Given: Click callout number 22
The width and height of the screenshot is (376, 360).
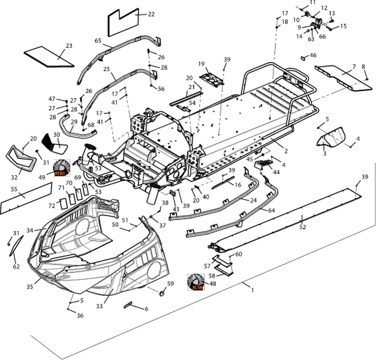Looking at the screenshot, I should click(151, 14).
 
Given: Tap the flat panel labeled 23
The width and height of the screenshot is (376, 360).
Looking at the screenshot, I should click(48, 55).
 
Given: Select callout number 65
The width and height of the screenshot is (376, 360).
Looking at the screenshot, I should click(98, 41).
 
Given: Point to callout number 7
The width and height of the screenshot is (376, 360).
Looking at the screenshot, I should click(354, 66).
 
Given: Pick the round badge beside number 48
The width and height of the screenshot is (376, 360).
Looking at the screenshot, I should click(196, 282).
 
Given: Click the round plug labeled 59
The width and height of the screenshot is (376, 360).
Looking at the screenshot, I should click(163, 294).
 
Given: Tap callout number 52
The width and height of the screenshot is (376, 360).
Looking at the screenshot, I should click(303, 227).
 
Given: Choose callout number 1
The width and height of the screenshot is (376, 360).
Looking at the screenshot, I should click(252, 290).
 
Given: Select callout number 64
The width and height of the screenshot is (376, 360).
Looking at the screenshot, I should click(271, 211).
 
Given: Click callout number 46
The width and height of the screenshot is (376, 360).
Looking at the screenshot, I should click(313, 55).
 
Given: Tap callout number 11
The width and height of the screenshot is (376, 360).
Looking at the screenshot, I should click(312, 3).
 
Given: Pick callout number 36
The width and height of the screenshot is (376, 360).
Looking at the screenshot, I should click(80, 316).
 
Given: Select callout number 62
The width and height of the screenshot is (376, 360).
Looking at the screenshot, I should click(16, 266).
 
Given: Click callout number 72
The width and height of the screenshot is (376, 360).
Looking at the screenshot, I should click(52, 206).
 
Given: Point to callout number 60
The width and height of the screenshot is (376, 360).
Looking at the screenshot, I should click(239, 254).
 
